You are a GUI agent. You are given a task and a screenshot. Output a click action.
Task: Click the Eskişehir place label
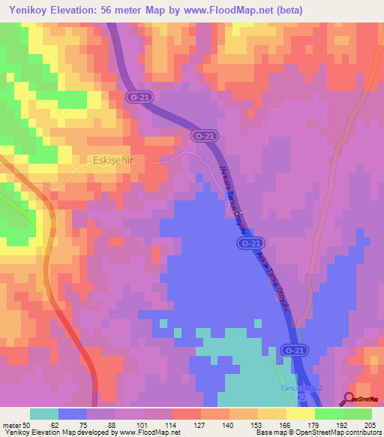click(113, 159)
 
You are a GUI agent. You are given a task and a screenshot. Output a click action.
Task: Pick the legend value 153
click(258, 425)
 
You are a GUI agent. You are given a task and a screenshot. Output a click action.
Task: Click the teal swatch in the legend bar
click(44, 414)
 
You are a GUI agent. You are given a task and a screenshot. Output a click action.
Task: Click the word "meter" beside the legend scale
click(13, 425)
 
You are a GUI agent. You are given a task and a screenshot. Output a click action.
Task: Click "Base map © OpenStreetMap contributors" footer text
click(317, 433)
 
